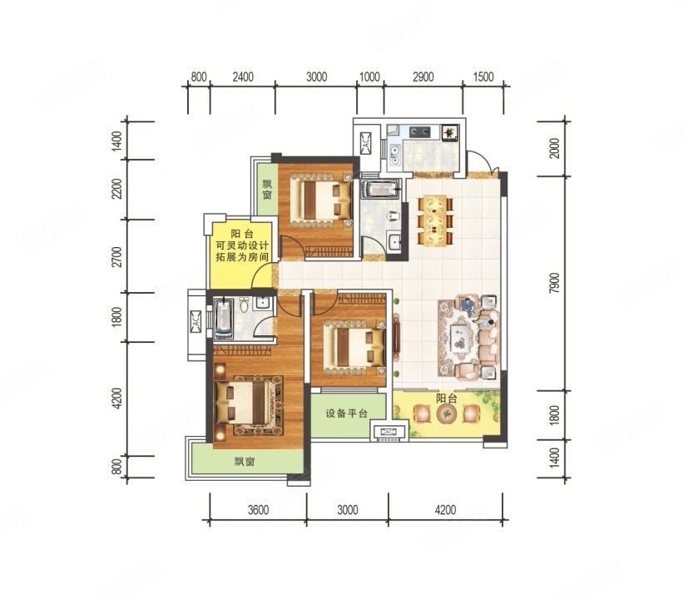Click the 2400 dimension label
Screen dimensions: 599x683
coord(242,77)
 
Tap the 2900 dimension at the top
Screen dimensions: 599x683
coord(423,77)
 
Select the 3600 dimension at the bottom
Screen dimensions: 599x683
coord(257,510)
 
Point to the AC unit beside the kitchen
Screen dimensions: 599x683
coord(367,143)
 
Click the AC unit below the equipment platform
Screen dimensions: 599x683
coord(389,432)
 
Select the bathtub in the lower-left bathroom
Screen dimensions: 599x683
coord(223,319)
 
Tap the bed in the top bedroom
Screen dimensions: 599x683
coord(317,200)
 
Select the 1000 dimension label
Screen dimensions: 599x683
coord(369,77)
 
